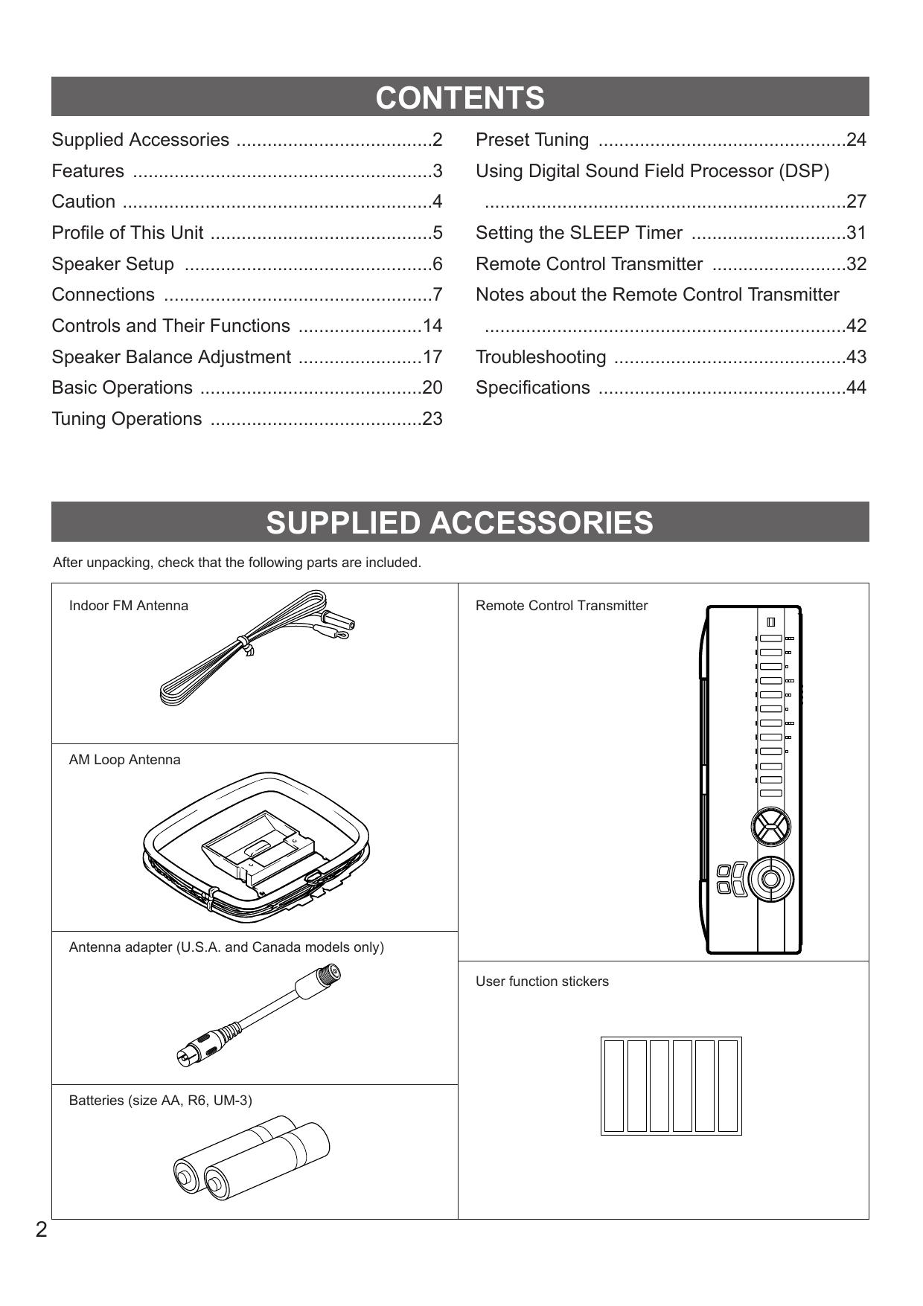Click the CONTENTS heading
pyautogui.click(x=460, y=97)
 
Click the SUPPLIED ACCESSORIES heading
pyautogui.click(x=460, y=522)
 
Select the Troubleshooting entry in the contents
pyautogui.click(x=540, y=357)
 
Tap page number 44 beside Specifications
pyautogui.click(x=856, y=388)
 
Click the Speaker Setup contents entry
pyautogui.click(x=112, y=264)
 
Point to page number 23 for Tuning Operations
pyautogui.click(x=432, y=419)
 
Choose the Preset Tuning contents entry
pyautogui.click(x=531, y=140)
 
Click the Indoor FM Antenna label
pyautogui.click(x=128, y=606)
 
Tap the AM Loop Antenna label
pyautogui.click(x=124, y=760)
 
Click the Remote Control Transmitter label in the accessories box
pyautogui.click(x=561, y=606)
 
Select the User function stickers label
pyautogui.click(x=542, y=982)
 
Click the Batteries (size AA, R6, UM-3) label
pyautogui.click(x=160, y=1101)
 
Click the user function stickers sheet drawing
pyautogui.click(x=671, y=1086)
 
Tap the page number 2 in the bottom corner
pyautogui.click(x=41, y=1229)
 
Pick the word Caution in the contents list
pyautogui.click(x=83, y=202)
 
